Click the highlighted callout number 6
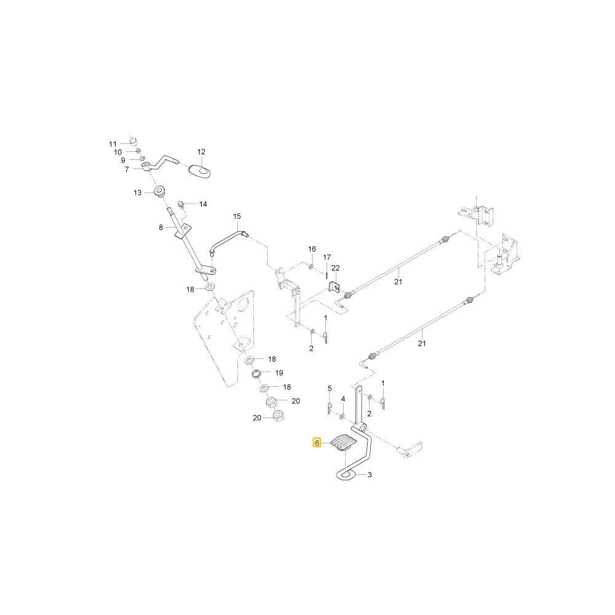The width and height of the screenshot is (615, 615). (x=317, y=443)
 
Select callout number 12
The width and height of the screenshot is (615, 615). (x=201, y=152)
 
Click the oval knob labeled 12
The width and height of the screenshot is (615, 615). (x=199, y=170)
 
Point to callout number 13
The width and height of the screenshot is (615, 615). (x=137, y=192)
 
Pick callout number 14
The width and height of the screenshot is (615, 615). (x=203, y=204)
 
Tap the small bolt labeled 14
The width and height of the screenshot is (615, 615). (x=181, y=204)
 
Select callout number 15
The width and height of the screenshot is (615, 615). (x=237, y=216)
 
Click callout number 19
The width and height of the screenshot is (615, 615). (x=279, y=373)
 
